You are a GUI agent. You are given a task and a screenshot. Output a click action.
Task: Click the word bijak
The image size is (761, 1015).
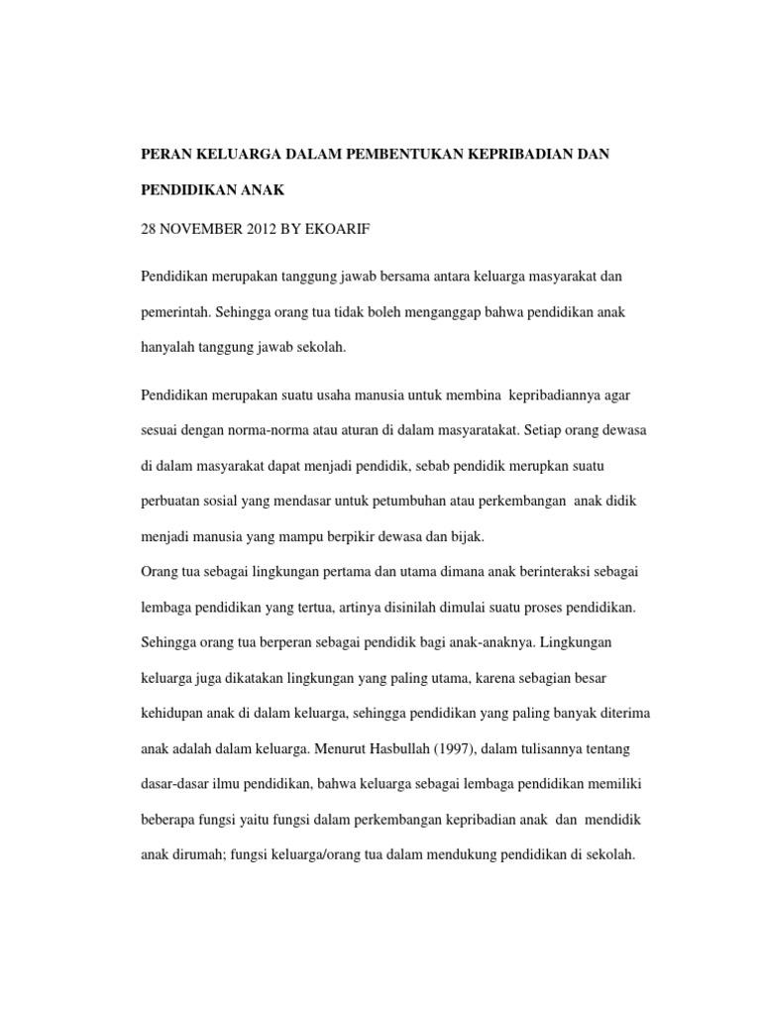pos(463,537)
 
